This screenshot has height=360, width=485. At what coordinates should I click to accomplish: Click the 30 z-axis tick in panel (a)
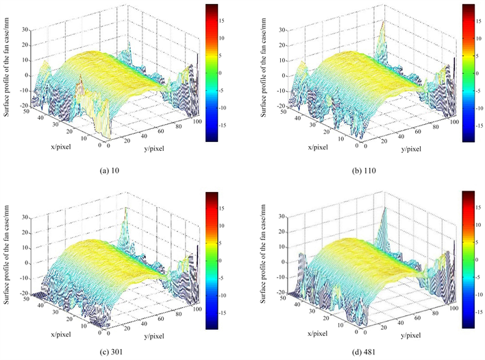24,30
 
